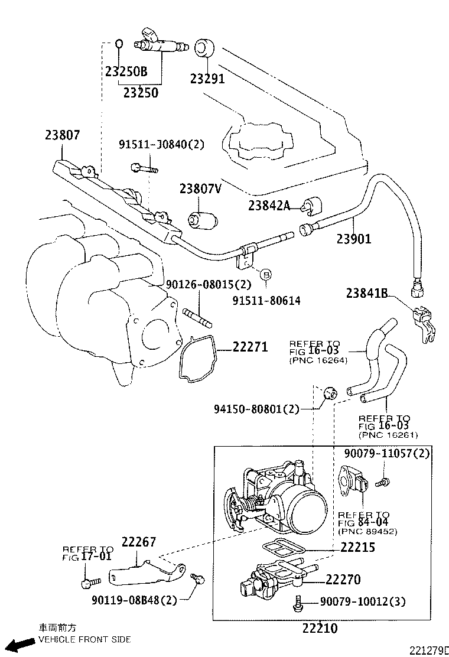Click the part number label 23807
62,135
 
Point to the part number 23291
207,79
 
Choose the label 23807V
200,188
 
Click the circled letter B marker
265,274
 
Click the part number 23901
354,239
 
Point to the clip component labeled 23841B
425,321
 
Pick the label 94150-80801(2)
256,408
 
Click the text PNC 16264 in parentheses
318,360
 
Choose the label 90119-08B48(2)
134,600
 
